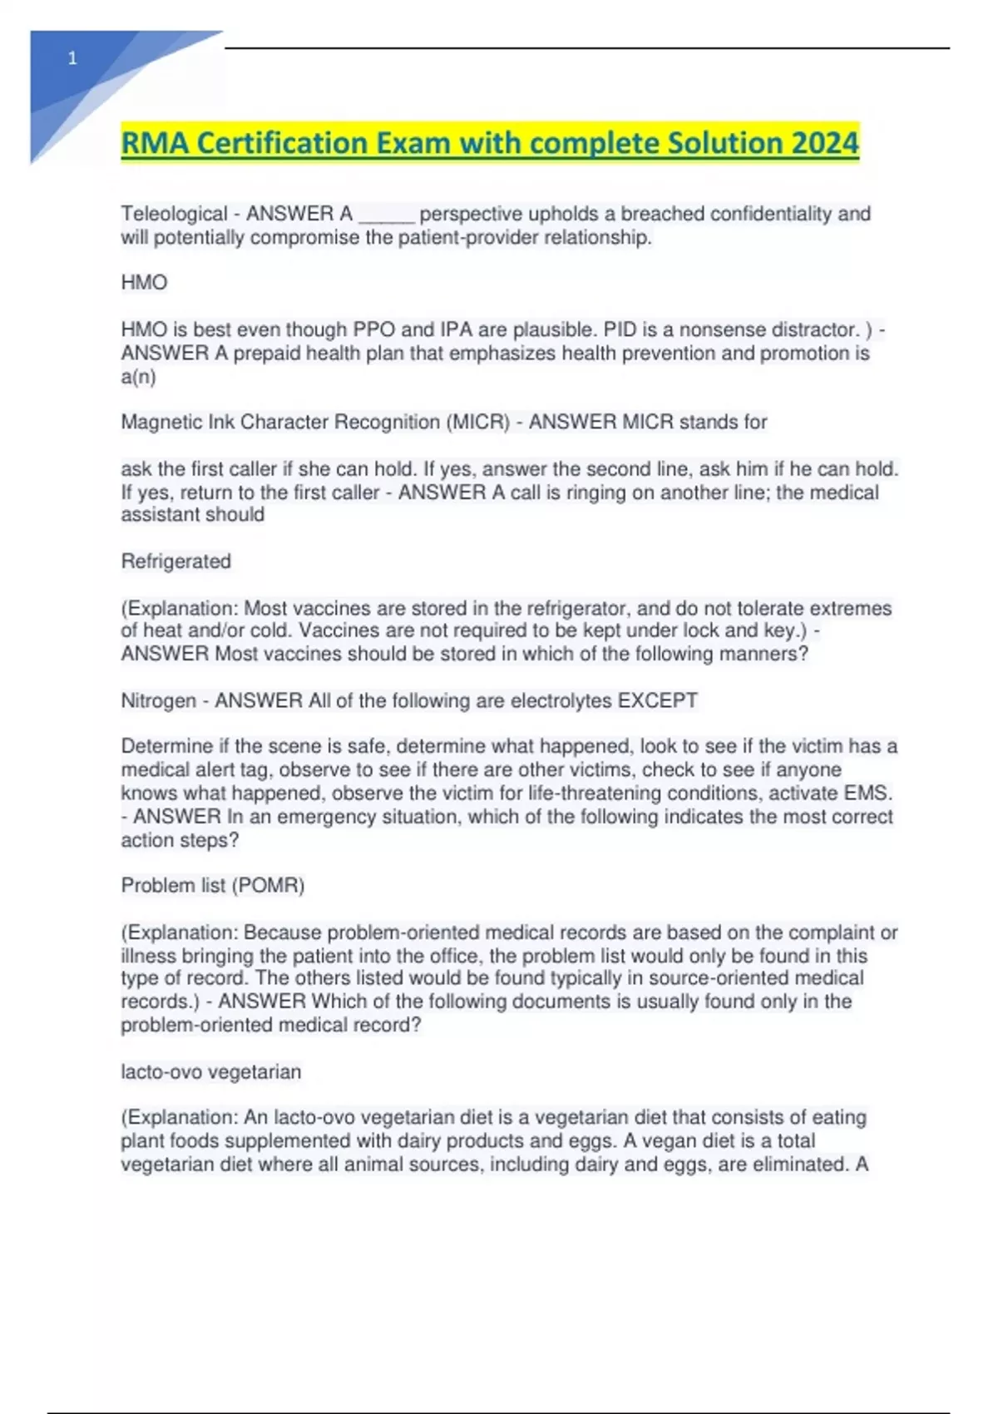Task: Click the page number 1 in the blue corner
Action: point(72,58)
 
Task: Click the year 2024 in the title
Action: point(824,143)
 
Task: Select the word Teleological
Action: point(174,214)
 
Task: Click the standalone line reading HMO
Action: point(144,283)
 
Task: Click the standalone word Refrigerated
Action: point(175,561)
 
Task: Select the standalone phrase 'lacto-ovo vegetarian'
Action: point(210,1071)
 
